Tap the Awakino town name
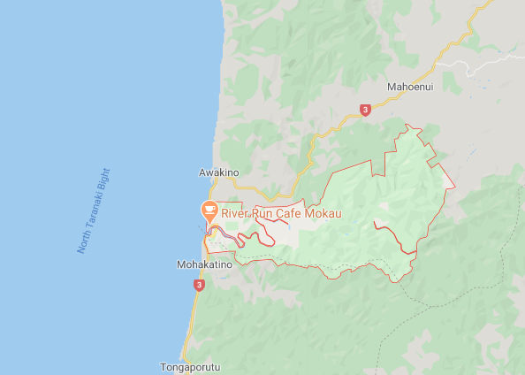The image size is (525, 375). tap(218, 172)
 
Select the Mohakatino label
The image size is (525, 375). tap(204, 264)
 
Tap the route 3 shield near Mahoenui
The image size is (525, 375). tap(365, 110)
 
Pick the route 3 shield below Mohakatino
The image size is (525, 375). tap(199, 285)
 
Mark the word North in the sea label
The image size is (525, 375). tap(83, 243)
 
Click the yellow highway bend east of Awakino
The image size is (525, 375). tap(280, 195)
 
